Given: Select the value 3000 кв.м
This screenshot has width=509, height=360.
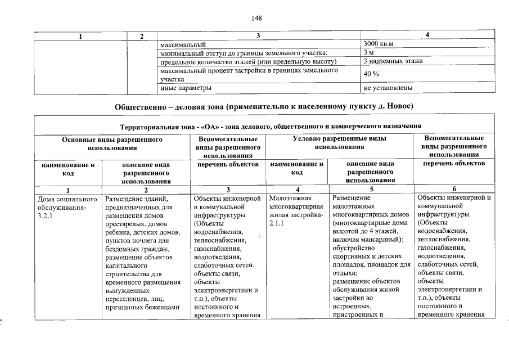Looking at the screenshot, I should pos(378,44).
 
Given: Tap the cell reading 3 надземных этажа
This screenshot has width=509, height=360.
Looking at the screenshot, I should pos(393,61).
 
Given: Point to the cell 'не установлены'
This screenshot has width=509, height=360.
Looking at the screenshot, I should pos(388,88).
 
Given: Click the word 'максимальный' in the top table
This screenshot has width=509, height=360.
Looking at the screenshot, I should pos(183,44).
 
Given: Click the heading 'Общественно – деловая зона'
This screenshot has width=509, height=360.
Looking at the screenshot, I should pos(264,106).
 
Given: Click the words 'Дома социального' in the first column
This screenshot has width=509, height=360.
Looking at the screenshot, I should pos(67,199).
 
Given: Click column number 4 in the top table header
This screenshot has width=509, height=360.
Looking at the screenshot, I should pos(427,36).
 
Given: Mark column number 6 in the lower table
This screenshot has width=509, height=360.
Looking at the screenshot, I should pos(454,190).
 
